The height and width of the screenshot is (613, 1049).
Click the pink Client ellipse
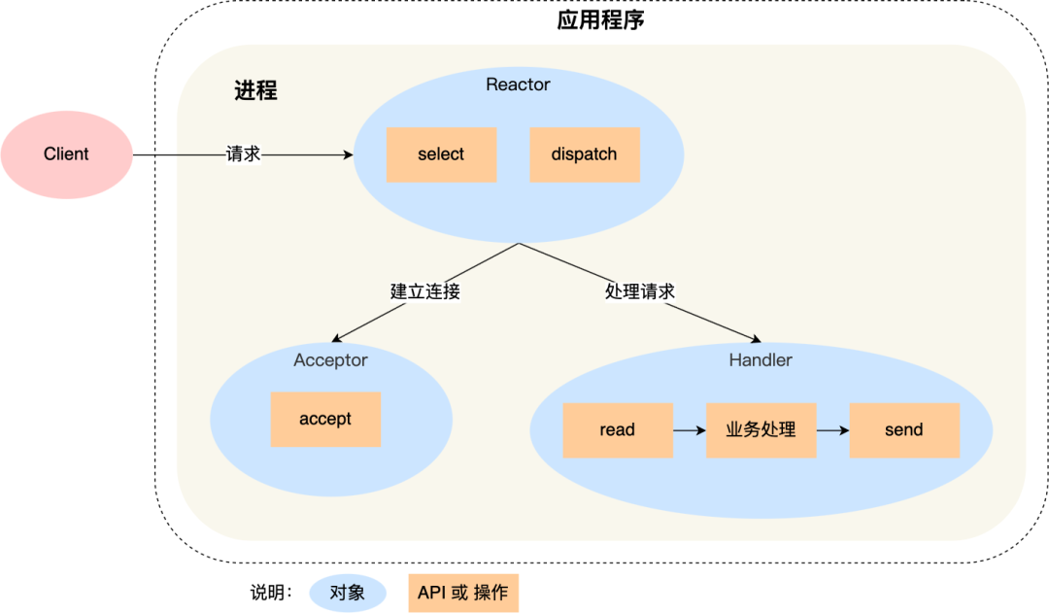[66, 154]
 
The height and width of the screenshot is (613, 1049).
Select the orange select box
[441, 154]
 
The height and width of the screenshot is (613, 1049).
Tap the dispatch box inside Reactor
[584, 154]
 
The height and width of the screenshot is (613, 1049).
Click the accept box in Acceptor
[325, 419]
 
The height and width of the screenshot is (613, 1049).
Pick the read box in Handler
[618, 429]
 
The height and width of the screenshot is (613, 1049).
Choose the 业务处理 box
[761, 429]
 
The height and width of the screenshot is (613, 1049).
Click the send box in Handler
[904, 429]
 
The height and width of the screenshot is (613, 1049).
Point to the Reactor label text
[518, 85]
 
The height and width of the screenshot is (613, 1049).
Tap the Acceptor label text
[330, 360]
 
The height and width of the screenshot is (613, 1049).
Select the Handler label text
[761, 360]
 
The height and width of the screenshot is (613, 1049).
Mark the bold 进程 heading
[255, 90]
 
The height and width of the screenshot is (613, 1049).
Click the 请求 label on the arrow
[243, 154]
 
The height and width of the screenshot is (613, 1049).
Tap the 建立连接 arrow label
[424, 290]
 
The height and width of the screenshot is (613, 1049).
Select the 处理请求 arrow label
[639, 290]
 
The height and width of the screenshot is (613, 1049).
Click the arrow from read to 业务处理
[690, 429]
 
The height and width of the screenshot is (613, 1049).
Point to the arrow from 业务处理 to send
[832, 429]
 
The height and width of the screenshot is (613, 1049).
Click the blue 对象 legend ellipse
[348, 592]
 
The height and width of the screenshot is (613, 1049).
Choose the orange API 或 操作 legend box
[462, 592]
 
